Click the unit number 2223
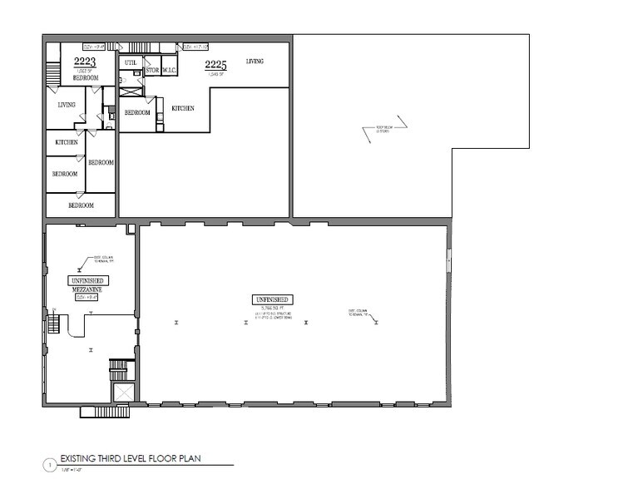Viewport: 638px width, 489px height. click(x=85, y=62)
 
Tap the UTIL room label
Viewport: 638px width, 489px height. click(x=130, y=62)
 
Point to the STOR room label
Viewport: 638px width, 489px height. click(x=152, y=71)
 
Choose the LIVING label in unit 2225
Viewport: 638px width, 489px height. click(x=255, y=61)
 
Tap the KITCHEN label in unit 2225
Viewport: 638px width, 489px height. click(x=184, y=108)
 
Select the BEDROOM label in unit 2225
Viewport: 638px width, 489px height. click(x=137, y=112)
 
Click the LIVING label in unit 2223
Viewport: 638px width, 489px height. click(x=67, y=105)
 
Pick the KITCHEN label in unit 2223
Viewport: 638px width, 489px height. click(x=67, y=142)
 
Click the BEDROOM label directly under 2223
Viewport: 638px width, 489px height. click(x=85, y=78)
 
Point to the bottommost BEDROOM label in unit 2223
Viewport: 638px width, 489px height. click(x=81, y=205)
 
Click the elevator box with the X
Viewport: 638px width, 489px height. click(x=123, y=392)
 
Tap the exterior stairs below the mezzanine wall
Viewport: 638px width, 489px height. click(x=105, y=411)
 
